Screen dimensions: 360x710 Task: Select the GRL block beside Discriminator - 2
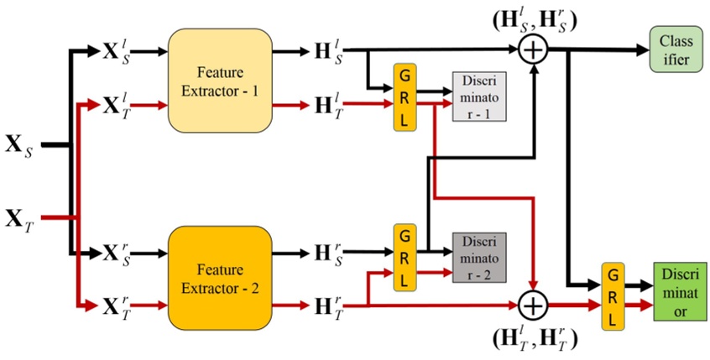(405, 256)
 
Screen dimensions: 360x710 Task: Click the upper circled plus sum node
(531, 50)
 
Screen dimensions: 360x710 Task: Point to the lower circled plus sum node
(531, 303)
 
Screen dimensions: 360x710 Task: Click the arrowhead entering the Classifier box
(640, 50)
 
